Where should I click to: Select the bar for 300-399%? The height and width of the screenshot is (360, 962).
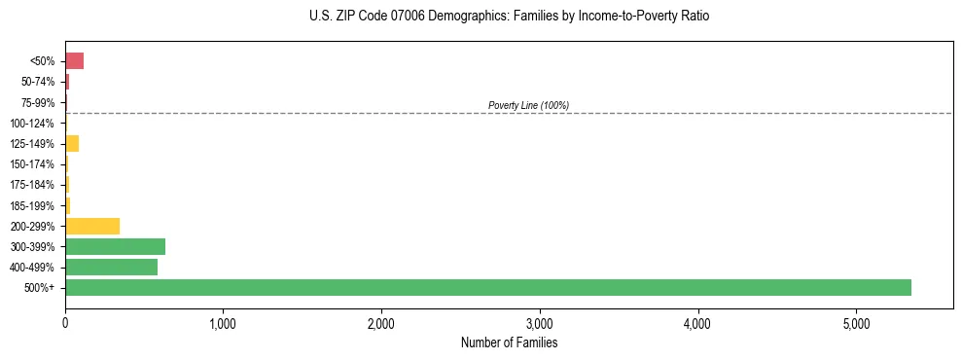pyautogui.click(x=115, y=246)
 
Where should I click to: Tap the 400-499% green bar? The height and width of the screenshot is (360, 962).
pyautogui.click(x=111, y=267)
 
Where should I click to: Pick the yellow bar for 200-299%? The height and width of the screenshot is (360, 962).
pyautogui.click(x=92, y=226)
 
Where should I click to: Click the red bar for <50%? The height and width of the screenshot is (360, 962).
pyautogui.click(x=74, y=61)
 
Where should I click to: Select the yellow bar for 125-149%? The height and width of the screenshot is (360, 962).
pyautogui.click(x=72, y=143)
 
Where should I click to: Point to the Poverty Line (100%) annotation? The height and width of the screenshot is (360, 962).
pyautogui.click(x=528, y=105)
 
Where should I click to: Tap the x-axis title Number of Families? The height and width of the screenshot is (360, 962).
pyautogui.click(x=509, y=342)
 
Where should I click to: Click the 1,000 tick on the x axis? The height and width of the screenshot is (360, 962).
pyautogui.click(x=223, y=322)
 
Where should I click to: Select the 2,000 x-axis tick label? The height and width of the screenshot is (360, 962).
pyautogui.click(x=381, y=322)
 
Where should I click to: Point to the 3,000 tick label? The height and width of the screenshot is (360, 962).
pyautogui.click(x=540, y=322)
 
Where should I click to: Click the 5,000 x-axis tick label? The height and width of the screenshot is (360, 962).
pyautogui.click(x=856, y=322)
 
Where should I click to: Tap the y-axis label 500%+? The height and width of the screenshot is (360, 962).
pyautogui.click(x=40, y=288)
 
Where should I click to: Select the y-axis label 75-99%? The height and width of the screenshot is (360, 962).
pyautogui.click(x=37, y=102)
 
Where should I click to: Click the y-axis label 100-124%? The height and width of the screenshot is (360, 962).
pyautogui.click(x=33, y=124)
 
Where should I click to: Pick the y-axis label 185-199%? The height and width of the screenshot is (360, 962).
pyautogui.click(x=33, y=205)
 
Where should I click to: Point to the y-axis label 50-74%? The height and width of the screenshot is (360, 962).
pyautogui.click(x=37, y=82)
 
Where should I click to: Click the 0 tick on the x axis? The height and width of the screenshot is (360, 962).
pyautogui.click(x=65, y=322)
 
